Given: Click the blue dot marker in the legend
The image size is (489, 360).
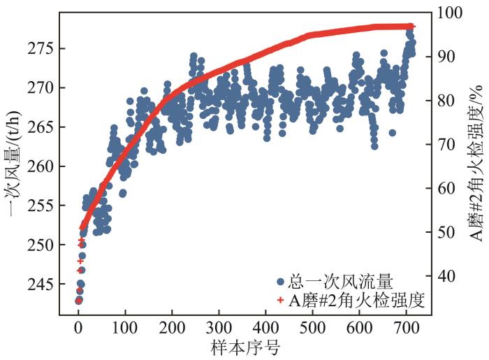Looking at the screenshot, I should (280, 282).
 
